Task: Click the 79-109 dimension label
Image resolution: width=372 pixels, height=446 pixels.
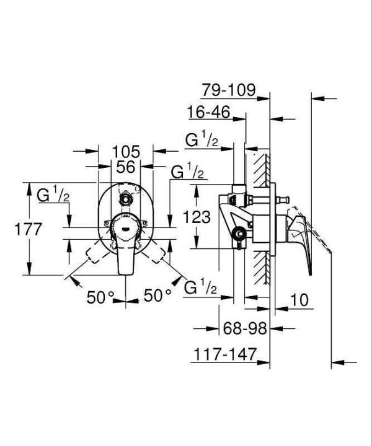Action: click(x=229, y=90)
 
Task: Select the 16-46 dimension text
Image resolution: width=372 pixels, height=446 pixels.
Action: click(x=208, y=111)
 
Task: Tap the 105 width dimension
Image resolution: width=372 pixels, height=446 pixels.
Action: click(x=126, y=152)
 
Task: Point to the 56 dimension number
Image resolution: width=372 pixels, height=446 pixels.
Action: click(x=125, y=167)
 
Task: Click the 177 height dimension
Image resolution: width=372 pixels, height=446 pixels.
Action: click(x=28, y=229)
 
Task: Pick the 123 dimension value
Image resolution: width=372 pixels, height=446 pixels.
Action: click(x=197, y=217)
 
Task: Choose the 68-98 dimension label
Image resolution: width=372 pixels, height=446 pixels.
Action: click(x=245, y=328)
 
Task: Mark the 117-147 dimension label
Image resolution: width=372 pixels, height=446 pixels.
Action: click(x=225, y=354)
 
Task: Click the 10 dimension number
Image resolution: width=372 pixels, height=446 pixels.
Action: click(x=299, y=300)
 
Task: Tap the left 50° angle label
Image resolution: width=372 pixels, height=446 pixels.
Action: click(x=100, y=297)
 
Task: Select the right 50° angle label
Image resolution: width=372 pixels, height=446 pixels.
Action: click(x=157, y=295)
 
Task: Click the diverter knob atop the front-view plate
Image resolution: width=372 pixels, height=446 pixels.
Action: click(x=125, y=199)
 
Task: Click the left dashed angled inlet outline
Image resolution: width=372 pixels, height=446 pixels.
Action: click(x=97, y=251)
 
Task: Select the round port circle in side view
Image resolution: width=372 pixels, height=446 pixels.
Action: click(x=239, y=234)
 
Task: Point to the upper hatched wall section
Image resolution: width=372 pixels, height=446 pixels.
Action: click(x=262, y=170)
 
